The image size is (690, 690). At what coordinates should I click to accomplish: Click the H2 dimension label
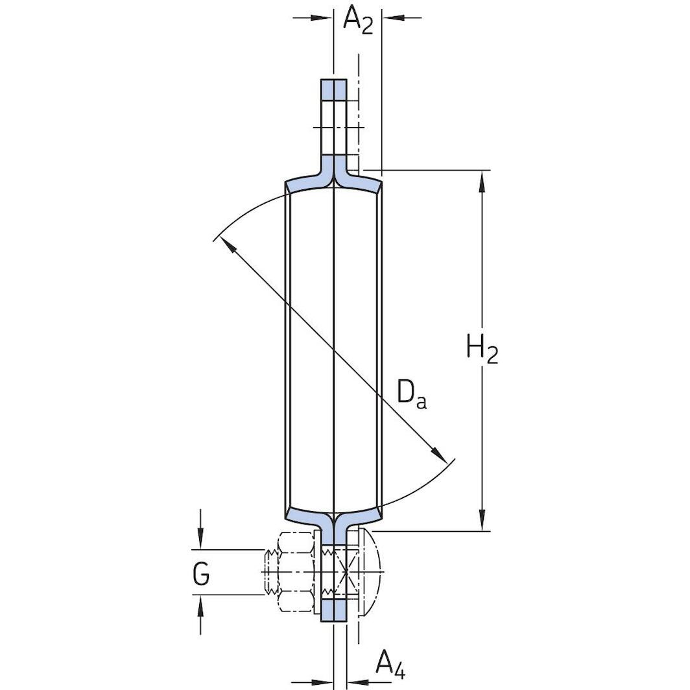tap(482, 350)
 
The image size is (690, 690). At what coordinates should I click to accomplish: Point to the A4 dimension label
tap(390, 664)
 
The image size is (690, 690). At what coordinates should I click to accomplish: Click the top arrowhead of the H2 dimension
tap(482, 183)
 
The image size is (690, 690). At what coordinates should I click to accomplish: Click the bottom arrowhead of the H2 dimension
tap(482, 519)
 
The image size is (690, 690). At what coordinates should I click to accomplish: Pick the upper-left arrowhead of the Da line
tap(225, 244)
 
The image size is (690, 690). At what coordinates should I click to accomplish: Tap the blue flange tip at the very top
tap(334, 89)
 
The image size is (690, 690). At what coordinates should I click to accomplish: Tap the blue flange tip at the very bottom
tap(334, 609)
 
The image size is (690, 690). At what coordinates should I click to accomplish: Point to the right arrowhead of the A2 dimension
tap(393, 18)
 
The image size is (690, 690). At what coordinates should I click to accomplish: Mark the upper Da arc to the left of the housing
tap(246, 211)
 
